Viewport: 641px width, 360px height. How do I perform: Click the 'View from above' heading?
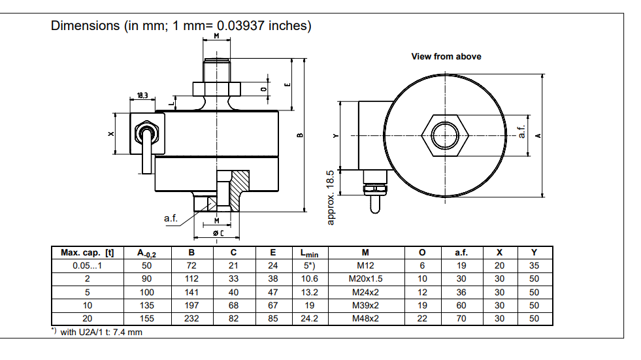click(446, 57)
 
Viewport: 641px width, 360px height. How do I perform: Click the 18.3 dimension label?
click(142, 95)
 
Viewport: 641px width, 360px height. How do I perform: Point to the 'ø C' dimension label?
click(218, 233)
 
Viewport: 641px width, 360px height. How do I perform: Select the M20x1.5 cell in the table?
click(365, 279)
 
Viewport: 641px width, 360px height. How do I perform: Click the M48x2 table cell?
click(365, 318)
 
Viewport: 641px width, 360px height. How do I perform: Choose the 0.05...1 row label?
click(88, 266)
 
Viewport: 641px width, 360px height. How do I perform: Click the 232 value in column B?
click(191, 318)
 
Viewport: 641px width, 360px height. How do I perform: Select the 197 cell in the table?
click(191, 305)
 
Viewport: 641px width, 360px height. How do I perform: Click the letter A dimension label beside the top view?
click(537, 135)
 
